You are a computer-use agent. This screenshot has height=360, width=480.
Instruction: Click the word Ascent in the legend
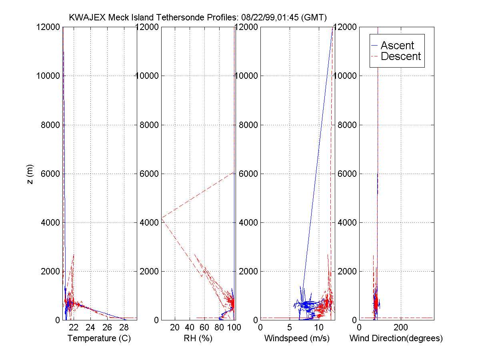[397, 46]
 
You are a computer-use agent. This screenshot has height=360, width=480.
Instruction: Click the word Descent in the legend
[401, 56]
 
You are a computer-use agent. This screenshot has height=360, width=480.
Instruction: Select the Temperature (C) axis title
[99, 338]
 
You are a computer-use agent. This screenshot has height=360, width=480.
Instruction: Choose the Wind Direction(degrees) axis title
[396, 338]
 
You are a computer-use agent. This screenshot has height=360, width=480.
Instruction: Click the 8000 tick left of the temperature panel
[49, 125]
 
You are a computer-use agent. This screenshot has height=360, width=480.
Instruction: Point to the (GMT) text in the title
[316, 17]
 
